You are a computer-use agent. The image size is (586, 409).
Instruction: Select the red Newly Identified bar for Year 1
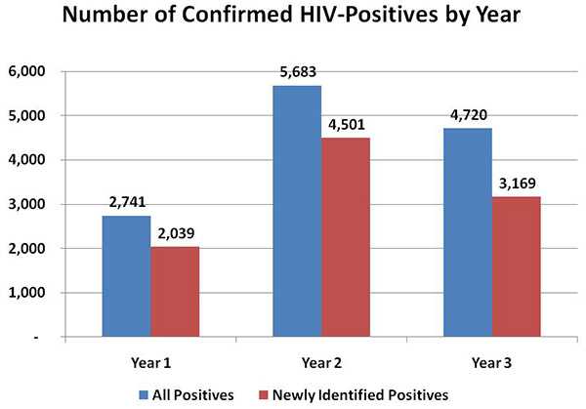175,292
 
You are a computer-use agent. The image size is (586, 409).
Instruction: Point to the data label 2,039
176,235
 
